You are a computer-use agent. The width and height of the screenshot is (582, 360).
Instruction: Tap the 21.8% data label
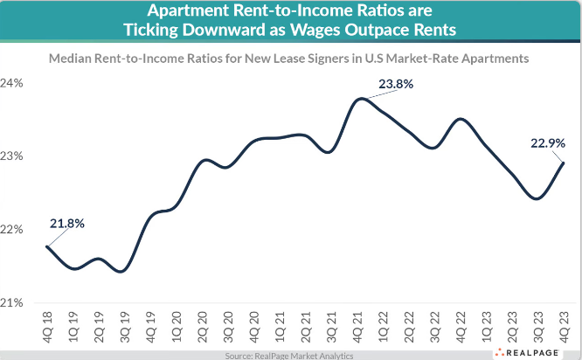[x=66, y=223]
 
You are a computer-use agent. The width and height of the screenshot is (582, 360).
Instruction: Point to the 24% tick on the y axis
[x=14, y=84]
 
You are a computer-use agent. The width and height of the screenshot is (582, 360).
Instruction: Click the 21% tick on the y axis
[x=14, y=303]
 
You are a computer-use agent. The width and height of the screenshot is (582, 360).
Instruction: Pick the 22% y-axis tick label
[x=14, y=230]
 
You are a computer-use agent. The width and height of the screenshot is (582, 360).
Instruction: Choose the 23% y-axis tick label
[x=14, y=157]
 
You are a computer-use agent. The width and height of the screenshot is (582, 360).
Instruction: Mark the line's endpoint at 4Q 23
[x=564, y=163]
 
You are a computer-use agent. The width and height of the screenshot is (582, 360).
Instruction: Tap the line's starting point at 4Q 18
[x=46, y=246]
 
